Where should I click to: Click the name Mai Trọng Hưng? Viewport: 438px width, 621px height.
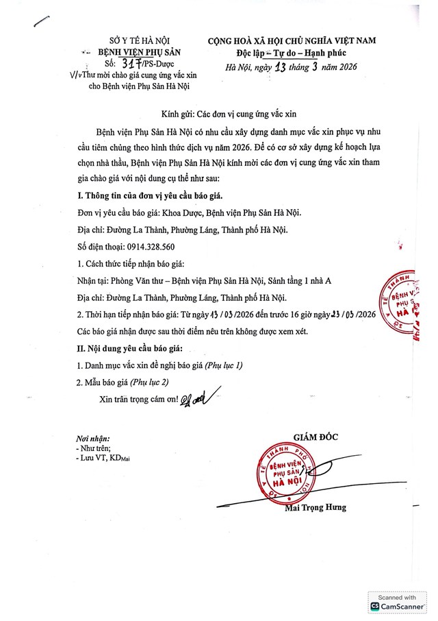click(x=315, y=508)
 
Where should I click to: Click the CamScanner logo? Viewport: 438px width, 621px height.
click(x=399, y=607)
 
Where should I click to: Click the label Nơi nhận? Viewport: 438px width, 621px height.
click(x=94, y=439)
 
